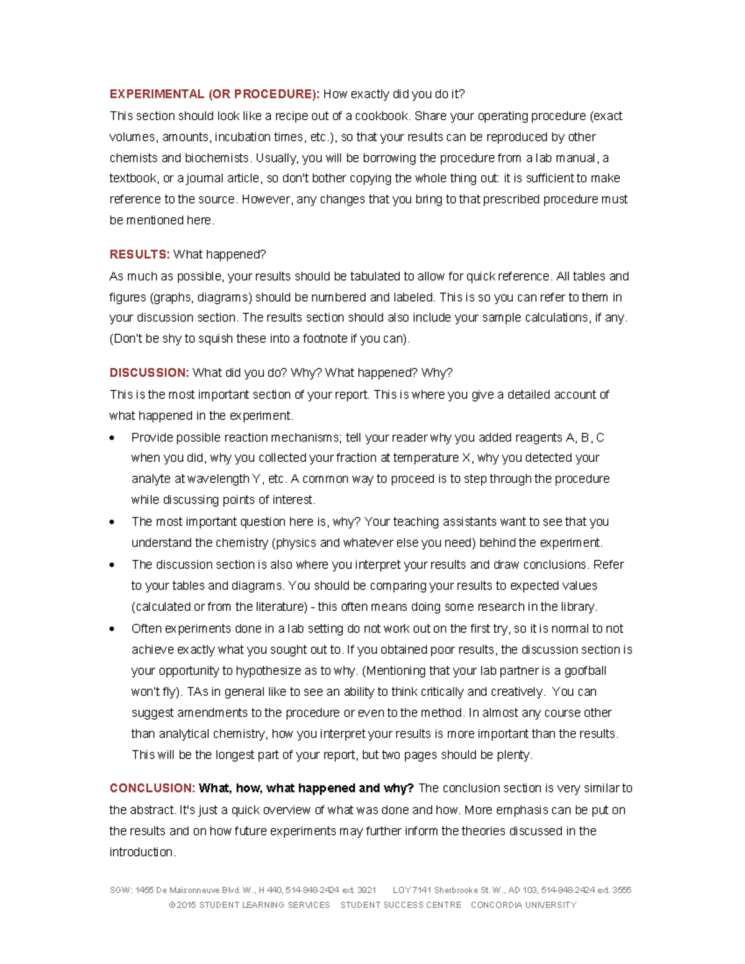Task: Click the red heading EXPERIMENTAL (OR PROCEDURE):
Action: (214, 94)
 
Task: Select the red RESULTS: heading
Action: (139, 255)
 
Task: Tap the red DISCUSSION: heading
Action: (149, 373)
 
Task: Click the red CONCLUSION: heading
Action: (152, 788)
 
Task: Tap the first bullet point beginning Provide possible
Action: (112, 438)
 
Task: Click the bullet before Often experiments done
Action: (112, 629)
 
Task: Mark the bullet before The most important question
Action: (112, 522)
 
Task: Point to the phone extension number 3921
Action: (366, 890)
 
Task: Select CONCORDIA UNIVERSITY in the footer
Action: (523, 905)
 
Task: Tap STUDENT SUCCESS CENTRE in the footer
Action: (400, 905)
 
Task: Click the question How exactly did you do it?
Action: (394, 94)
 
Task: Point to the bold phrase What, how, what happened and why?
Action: (306, 788)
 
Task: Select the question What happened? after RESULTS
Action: (219, 255)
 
